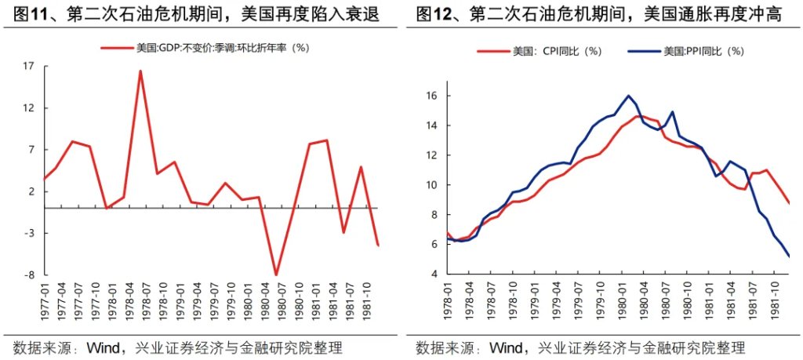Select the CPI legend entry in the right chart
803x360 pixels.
coord(557,52)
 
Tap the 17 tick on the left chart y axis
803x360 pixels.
coord(28,66)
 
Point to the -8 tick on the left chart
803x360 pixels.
coord(28,275)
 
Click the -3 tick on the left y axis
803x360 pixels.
coord(28,234)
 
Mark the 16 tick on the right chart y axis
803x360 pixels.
coord(431,96)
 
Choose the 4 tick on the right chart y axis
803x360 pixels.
coord(434,275)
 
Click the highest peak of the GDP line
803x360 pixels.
coord(140,71)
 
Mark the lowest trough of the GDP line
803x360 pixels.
coord(276,275)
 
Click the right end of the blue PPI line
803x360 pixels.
coord(789,256)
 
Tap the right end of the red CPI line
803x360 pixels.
coord(789,203)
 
